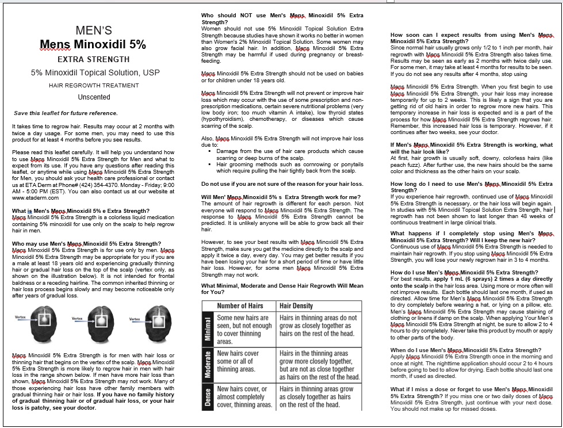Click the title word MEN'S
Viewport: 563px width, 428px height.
pyautogui.click(x=94, y=30)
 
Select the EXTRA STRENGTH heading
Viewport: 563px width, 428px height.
pyautogui.click(x=93, y=59)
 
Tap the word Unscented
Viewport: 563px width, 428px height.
pyautogui.click(x=94, y=97)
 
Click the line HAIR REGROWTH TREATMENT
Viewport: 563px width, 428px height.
pyautogui.click(x=93, y=85)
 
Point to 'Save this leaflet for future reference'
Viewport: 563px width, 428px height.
pyautogui.click(x=66, y=113)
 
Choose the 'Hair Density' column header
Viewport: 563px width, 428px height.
pyautogui.click(x=296, y=306)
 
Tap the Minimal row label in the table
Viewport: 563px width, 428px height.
pyautogui.click(x=208, y=330)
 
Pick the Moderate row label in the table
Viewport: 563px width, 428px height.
pyautogui.click(x=208, y=365)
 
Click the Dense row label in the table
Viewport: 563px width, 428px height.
pyautogui.click(x=208, y=398)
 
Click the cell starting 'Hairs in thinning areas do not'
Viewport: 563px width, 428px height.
pyautogui.click(x=318, y=325)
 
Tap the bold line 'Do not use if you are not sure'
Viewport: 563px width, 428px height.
pyautogui.click(x=282, y=184)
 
